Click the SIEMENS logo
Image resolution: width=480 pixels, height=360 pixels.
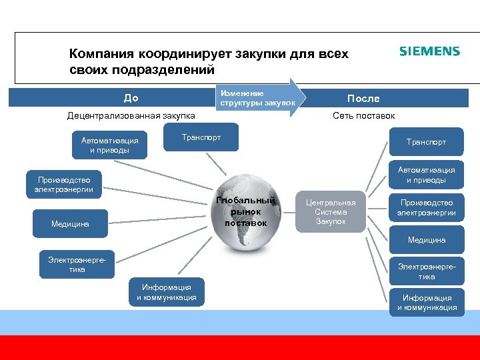(x=429, y=52)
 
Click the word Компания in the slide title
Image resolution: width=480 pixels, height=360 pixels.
(x=101, y=53)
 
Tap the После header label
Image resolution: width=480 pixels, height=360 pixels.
(x=363, y=98)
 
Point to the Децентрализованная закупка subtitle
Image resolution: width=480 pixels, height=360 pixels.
(x=131, y=116)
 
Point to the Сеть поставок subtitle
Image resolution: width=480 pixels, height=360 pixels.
(x=363, y=116)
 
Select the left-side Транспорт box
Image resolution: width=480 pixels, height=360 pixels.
(x=201, y=138)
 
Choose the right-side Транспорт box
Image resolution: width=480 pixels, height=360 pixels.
(x=426, y=142)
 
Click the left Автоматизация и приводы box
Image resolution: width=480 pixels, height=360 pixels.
(x=110, y=145)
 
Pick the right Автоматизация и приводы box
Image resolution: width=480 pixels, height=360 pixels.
(x=426, y=175)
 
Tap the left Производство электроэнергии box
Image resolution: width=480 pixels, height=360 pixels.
(x=64, y=185)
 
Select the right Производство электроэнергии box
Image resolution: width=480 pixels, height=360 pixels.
(x=426, y=207)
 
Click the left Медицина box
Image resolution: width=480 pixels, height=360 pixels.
(x=70, y=223)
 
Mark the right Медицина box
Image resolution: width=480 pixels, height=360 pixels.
(x=426, y=240)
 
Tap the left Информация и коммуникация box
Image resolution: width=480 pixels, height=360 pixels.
(x=166, y=292)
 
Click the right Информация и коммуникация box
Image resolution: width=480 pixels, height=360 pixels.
(x=427, y=303)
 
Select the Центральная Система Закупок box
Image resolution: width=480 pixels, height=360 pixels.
(x=331, y=212)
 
